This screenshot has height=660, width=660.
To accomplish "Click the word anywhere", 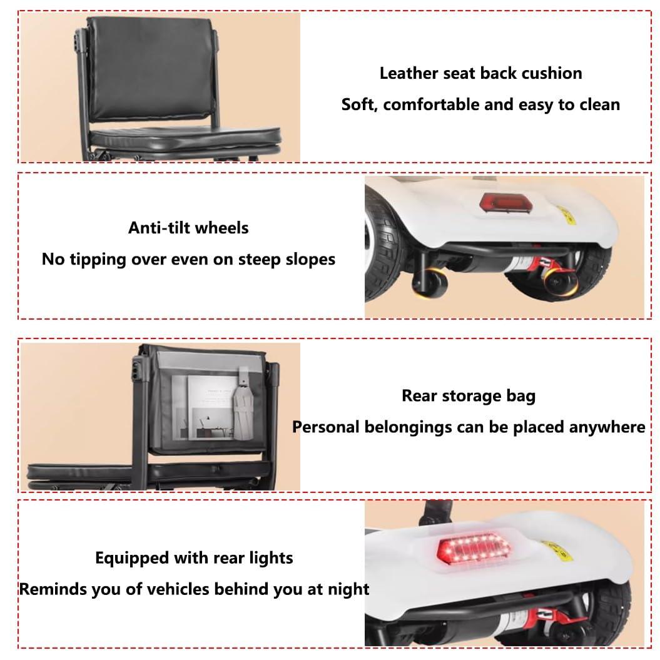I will (x=606, y=427).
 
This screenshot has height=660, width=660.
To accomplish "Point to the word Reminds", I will (x=49, y=589).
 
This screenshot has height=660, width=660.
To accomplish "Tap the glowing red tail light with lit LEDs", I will (x=474, y=549).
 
